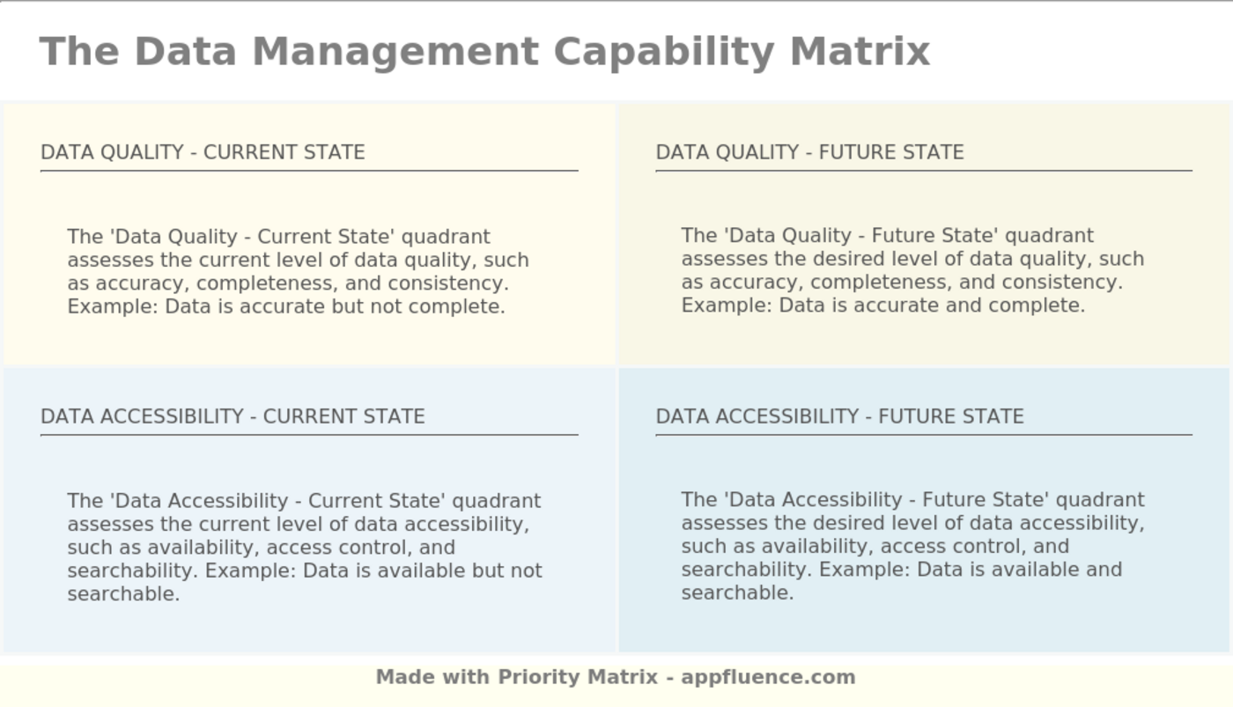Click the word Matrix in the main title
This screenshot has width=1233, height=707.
[860, 51]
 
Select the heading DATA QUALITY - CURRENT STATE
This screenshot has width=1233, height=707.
[203, 151]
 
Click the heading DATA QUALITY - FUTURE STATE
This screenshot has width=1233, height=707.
[809, 151]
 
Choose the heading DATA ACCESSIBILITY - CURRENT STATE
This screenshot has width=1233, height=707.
[233, 416]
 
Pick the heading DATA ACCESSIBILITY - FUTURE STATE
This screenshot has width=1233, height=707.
[839, 416]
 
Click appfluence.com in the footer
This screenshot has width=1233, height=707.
[768, 677]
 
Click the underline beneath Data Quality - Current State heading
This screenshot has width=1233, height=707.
[309, 171]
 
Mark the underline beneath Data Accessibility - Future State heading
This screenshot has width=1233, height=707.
[924, 435]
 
